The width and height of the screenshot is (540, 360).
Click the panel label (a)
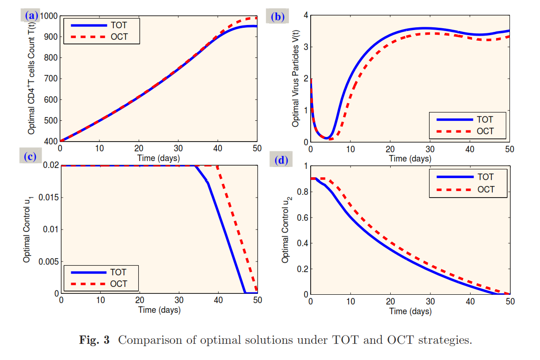coord(31,16)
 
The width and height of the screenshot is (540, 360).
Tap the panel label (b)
coord(278,18)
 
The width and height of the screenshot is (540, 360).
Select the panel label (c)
coord(31,156)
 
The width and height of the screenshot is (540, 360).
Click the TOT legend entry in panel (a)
coord(118,25)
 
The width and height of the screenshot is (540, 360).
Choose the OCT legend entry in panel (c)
coord(118,284)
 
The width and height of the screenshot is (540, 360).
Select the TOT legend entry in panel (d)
coord(485,177)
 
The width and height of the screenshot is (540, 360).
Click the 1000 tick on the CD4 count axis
coord(49,16)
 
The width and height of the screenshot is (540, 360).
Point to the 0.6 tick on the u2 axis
coord(302,217)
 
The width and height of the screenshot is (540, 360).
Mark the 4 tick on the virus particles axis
coord(306,15)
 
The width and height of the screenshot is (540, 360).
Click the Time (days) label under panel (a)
coord(159,158)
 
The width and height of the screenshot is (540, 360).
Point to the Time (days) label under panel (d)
coord(410,311)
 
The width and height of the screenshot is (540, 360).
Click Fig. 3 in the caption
coord(95,341)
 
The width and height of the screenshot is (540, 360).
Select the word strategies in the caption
coord(444,341)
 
